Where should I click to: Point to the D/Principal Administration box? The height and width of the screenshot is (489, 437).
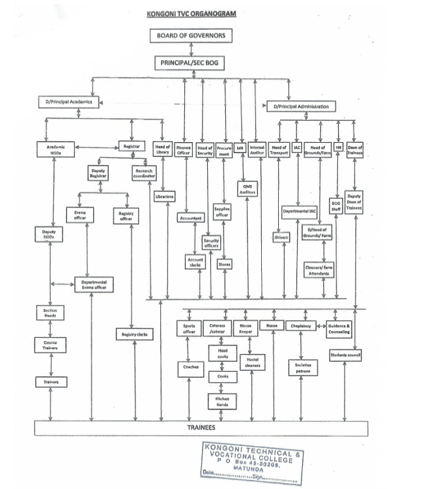306,106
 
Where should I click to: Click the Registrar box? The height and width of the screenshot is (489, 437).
132,147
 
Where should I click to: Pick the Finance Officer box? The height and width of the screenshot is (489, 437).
184,150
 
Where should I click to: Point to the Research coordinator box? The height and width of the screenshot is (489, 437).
144,173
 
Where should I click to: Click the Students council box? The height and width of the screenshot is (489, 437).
345,355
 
